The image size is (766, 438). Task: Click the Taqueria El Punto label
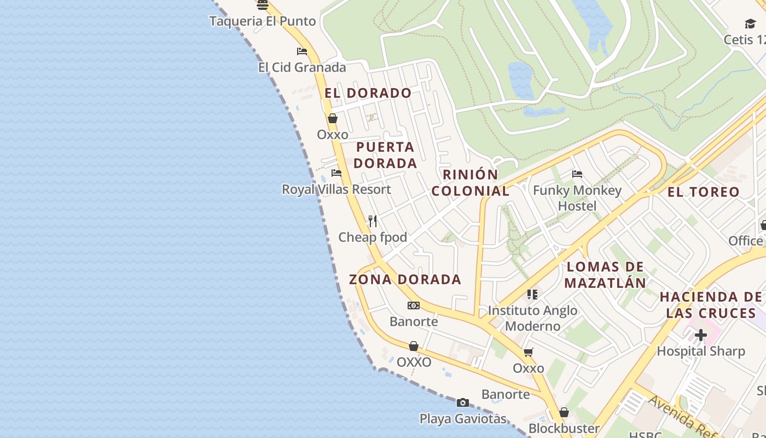(263, 21)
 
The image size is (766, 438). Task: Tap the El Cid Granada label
(302, 67)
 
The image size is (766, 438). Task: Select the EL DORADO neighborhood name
(368, 93)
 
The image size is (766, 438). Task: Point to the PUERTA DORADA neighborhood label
(385, 155)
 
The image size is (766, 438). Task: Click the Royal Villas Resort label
(336, 189)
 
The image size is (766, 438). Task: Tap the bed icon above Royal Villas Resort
(336, 173)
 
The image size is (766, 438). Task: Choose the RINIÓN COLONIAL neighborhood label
(471, 183)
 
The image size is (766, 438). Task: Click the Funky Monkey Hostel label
(577, 198)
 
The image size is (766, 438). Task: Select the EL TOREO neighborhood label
(703, 192)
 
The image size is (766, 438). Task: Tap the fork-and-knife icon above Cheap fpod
(373, 221)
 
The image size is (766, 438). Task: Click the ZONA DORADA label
(405, 279)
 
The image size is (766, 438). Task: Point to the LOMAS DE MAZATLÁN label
(605, 275)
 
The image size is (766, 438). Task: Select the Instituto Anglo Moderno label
(532, 318)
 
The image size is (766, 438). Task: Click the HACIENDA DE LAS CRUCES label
(710, 305)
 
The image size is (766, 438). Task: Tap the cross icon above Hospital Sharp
(701, 335)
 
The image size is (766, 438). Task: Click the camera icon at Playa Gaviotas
(463, 403)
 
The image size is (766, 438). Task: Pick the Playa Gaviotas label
(463, 419)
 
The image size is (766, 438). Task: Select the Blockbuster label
(564, 428)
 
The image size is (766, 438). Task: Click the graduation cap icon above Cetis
(750, 24)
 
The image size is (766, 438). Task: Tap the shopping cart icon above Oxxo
(529, 352)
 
